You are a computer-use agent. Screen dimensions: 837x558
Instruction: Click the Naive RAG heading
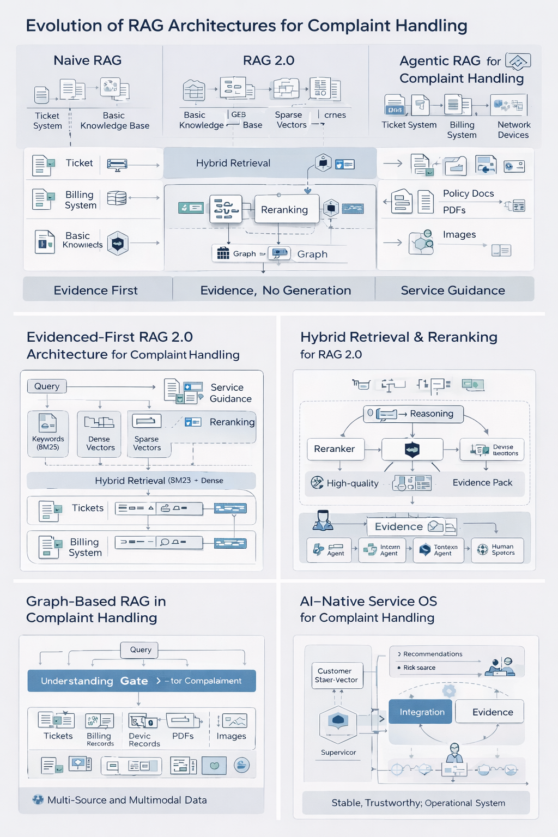[87, 60]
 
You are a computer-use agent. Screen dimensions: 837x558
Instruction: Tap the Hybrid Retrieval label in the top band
[233, 163]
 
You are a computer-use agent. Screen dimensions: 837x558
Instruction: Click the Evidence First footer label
[96, 290]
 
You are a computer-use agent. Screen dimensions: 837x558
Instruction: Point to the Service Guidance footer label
[453, 290]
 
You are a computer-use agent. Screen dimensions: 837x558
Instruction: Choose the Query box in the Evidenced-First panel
[47, 386]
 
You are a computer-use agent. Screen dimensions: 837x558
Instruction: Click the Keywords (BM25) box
[48, 433]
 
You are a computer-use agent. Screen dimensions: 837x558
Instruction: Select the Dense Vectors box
[100, 434]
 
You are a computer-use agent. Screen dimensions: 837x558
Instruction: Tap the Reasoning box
[413, 414]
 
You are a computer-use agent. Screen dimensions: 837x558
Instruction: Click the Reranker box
[335, 449]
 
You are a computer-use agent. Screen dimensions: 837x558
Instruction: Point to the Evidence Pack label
[482, 483]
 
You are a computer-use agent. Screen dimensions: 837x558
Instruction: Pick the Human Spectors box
[497, 550]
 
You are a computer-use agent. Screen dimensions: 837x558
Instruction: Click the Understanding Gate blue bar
[141, 681]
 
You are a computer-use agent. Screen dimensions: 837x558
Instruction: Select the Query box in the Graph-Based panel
[140, 650]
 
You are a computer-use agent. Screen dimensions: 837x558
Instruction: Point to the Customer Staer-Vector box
[337, 676]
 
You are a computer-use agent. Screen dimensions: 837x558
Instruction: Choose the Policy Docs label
[468, 193]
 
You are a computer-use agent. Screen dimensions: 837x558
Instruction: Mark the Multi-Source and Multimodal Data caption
[126, 800]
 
